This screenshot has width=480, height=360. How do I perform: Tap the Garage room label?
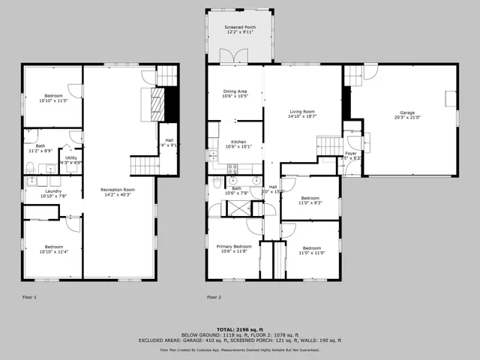click(406, 112)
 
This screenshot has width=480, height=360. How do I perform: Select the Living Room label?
click(302, 111)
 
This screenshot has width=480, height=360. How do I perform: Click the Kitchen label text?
click(238, 142)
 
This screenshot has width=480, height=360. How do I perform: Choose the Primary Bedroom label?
click(234, 246)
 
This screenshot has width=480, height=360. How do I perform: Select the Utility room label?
click(70, 157)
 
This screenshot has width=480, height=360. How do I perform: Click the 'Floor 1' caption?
click(30, 297)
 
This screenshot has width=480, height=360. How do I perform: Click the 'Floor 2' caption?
click(214, 297)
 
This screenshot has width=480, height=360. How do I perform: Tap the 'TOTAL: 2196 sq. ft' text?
click(239, 329)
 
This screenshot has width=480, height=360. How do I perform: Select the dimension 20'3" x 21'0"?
click(406, 117)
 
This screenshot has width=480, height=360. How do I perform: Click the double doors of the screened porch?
click(228, 55)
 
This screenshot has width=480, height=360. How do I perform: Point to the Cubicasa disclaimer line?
click(239, 350)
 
